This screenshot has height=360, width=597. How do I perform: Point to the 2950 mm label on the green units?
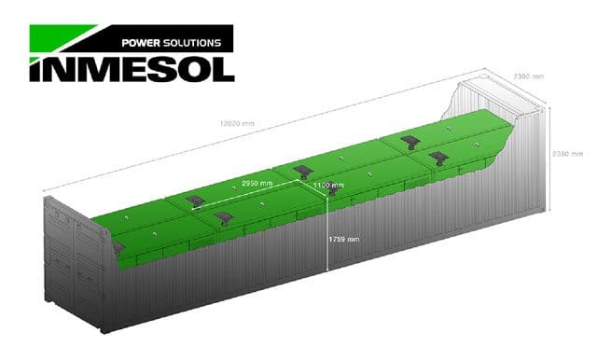click(257, 184)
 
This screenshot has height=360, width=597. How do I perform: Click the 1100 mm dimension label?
click(328, 186)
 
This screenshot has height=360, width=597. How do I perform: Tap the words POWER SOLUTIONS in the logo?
click(173, 42)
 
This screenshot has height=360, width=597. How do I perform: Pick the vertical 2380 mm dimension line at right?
click(552, 154)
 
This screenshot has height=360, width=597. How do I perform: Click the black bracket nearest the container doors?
click(118, 246)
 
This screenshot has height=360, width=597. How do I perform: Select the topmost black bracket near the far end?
click(410, 141)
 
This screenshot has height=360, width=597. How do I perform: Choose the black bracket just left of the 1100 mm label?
click(300, 171)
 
